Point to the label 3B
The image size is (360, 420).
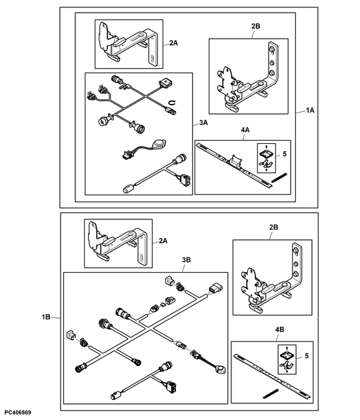187,259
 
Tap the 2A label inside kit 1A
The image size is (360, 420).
173,42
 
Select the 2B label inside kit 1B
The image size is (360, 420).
274,228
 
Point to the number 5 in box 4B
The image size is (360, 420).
306,357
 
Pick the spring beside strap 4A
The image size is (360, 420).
280,177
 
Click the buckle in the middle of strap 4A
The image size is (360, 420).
235,159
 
